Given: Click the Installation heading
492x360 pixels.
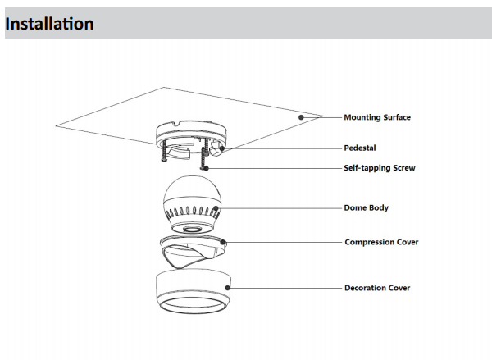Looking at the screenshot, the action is (49, 24).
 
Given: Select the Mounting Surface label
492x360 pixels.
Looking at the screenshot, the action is (377, 117).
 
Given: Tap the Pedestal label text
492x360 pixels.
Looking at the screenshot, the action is (360, 148).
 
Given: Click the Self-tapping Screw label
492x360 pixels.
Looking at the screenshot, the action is (380, 168).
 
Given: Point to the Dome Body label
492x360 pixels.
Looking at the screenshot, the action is (367, 207).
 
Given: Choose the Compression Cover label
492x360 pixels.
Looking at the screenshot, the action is (381, 242).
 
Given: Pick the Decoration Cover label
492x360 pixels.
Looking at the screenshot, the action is (377, 288).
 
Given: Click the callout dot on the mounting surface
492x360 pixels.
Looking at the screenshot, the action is (301, 117).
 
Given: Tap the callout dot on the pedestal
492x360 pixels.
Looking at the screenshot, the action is (222, 148).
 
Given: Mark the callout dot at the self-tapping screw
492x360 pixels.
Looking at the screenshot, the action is (206, 169).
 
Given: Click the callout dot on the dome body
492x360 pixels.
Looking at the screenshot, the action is (216, 208).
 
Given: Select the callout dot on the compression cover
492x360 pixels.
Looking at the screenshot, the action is (222, 242).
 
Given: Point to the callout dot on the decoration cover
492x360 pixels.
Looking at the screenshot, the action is (227, 288).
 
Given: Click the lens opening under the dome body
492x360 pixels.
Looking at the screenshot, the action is (192, 229).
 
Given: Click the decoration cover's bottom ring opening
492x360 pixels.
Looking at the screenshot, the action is (194, 304).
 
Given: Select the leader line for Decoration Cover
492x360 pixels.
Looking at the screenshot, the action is (285, 288).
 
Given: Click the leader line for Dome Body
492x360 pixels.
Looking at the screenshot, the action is (280, 208).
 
